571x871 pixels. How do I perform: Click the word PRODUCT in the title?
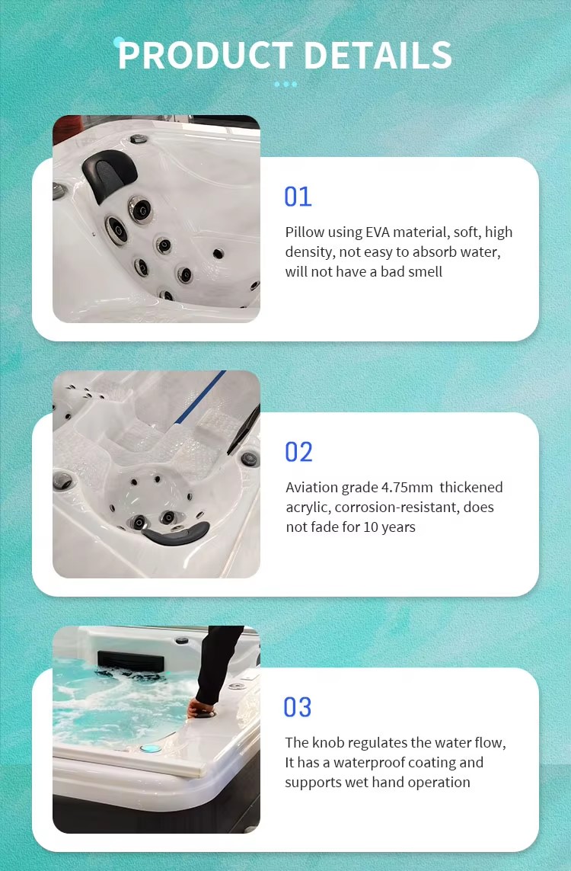pos(206,55)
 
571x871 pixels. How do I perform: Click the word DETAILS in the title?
pos(378,55)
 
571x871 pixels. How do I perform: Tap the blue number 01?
pos(298,197)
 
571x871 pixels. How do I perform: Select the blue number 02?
pos(298,452)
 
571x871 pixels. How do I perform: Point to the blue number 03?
pos(298,707)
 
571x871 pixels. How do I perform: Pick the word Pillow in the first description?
pos(304,232)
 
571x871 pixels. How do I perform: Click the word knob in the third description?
pos(328,743)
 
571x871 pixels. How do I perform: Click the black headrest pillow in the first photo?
pos(109,175)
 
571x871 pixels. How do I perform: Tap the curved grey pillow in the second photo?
pos(176,534)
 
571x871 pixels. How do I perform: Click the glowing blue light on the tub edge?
pos(151,749)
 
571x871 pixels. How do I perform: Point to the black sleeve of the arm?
pos(218,664)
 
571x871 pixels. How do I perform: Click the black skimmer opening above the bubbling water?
pos(131,661)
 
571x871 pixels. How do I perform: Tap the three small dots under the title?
pos(285,85)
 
